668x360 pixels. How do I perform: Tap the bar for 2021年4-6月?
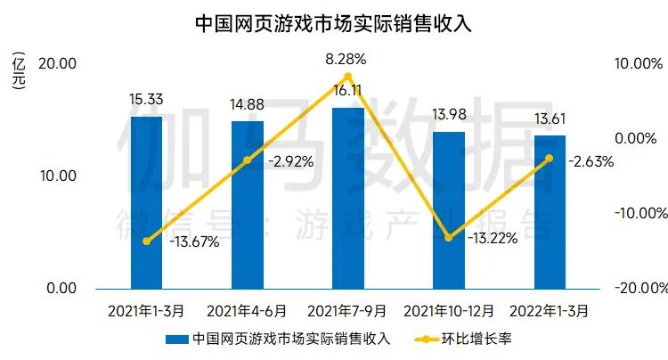pyautogui.click(x=247, y=205)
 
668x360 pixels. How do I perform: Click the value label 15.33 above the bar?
pyautogui.click(x=146, y=101)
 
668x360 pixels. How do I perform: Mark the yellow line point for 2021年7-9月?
pyautogui.click(x=347, y=78)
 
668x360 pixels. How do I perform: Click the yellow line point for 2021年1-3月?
pyautogui.click(x=146, y=241)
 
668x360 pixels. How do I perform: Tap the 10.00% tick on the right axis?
pyautogui.click(x=639, y=64)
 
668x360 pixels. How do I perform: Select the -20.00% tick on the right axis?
pyautogui.click(x=639, y=289)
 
